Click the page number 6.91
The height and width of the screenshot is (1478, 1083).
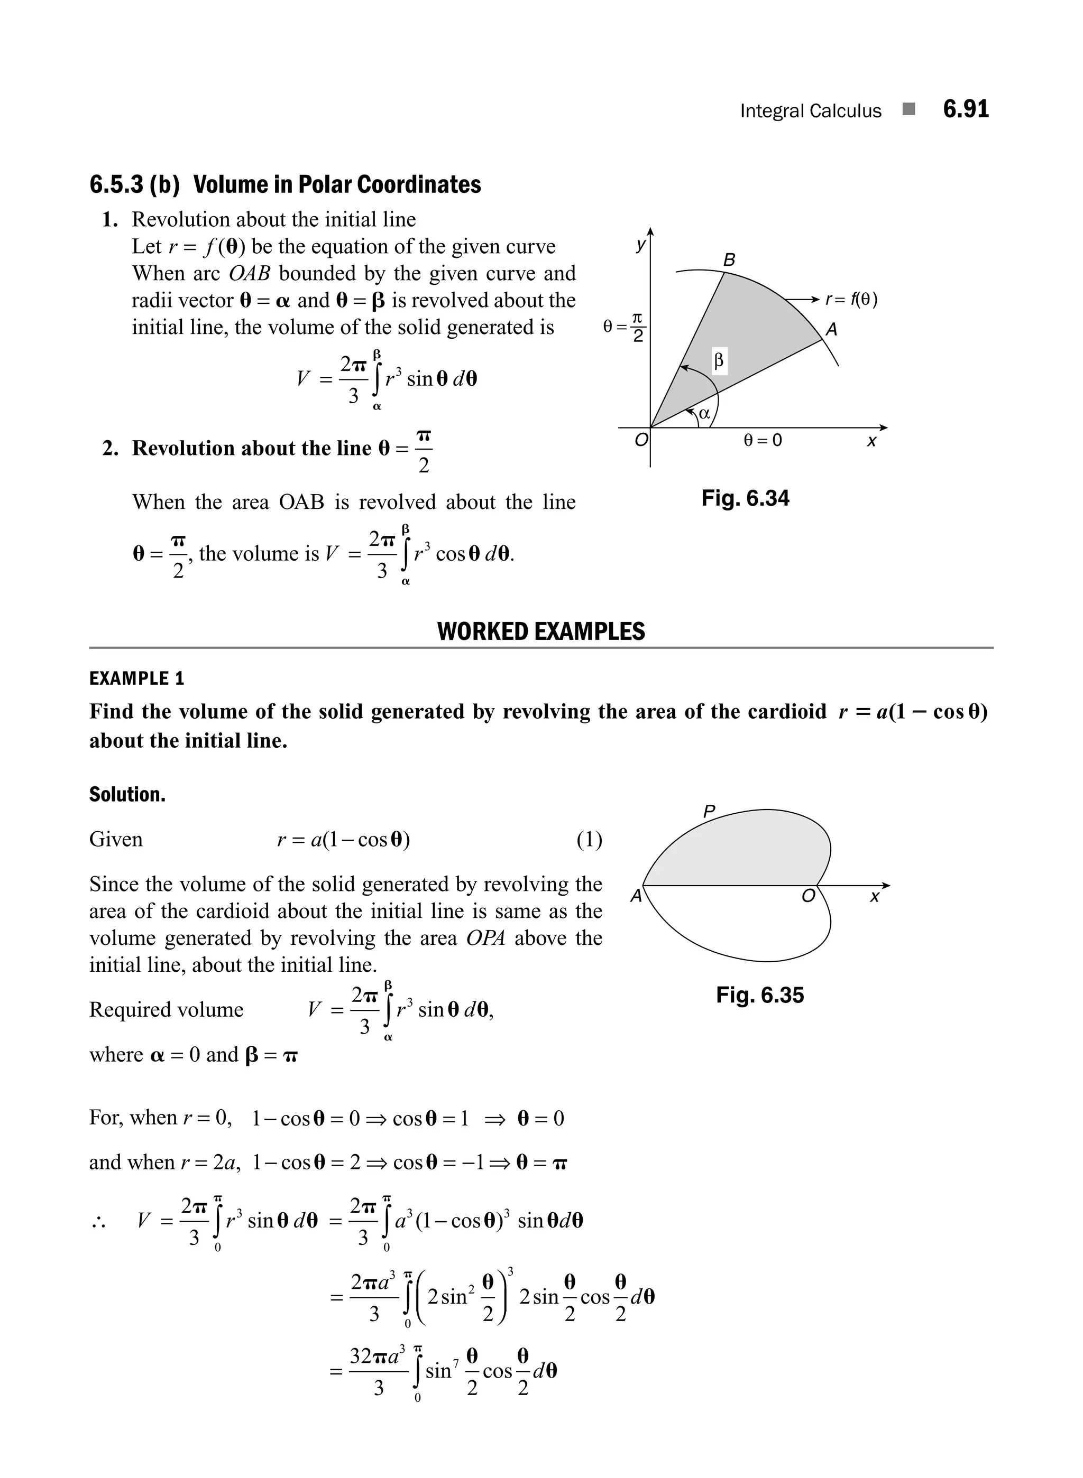coord(965,109)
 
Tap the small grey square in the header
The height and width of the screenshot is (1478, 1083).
coord(908,109)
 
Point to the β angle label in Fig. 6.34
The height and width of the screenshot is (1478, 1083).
coord(719,360)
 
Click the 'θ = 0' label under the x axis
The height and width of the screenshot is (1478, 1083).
coord(763,440)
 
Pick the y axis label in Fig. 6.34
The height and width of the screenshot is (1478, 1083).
coord(640,245)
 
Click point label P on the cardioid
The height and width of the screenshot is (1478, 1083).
coord(709,812)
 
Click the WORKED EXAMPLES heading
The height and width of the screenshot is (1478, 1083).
coord(541,631)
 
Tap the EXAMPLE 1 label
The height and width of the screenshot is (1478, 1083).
coord(137,678)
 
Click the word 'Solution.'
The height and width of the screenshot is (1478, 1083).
coord(127,795)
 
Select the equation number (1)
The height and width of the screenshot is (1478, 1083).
coord(589,839)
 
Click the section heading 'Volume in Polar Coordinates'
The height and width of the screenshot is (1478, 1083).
coord(336,185)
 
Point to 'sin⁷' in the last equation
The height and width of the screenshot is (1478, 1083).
coord(442,1371)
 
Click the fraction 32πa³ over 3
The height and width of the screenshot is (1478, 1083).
coord(378,1371)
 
